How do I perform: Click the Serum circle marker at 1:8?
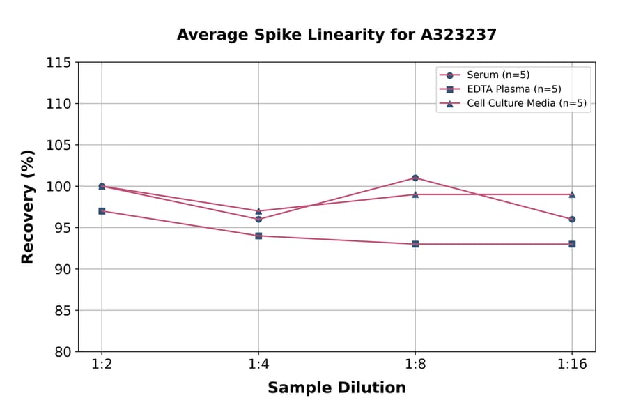coord(415,178)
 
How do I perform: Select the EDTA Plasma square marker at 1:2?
coord(102,210)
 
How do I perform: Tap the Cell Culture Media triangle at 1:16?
coord(572,194)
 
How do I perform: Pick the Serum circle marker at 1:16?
coord(572,219)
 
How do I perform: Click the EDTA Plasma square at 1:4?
coord(258,236)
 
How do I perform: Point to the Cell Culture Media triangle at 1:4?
coord(258,210)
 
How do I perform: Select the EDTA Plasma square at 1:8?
coord(415,244)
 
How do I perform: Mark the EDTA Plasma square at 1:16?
coord(572,244)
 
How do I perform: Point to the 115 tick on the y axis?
coord(59,63)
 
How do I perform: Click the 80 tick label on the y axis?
coord(63,352)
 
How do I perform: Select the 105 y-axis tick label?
coord(59,145)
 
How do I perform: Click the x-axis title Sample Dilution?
coord(336,388)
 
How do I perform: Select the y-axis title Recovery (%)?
coord(28,207)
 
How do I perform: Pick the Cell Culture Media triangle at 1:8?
coord(415,194)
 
